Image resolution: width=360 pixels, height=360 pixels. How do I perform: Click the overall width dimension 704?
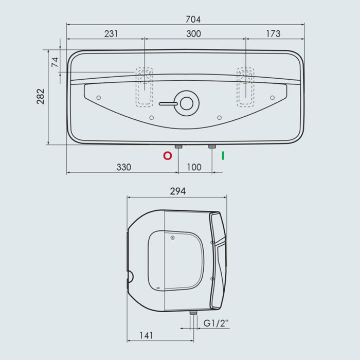coord(193,20)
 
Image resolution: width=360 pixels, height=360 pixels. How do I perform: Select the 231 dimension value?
coord(111,34)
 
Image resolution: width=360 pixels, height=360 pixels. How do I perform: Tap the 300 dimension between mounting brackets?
coord(193,34)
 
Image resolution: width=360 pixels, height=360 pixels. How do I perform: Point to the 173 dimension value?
coord(273,34)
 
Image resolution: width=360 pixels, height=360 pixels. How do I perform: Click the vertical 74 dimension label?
coord(55,62)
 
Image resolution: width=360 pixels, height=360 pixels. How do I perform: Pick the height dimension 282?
coord(41,97)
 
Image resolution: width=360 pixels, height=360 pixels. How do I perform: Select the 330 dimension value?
coord(124,167)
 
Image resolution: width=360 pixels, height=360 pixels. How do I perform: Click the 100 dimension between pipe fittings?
coord(194,167)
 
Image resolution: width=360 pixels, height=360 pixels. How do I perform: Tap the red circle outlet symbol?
coord(168,156)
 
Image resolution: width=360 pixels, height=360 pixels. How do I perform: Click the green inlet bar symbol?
coord(223,156)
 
